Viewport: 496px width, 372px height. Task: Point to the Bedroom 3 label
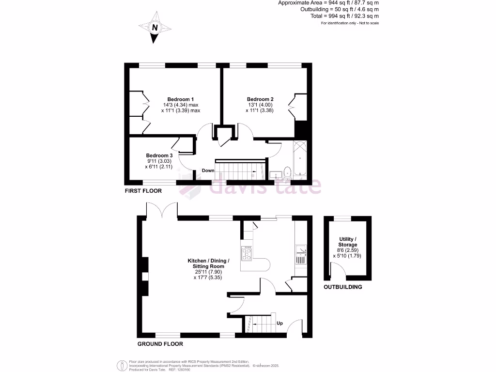[x=159, y=155]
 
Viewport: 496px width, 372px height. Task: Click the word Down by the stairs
[x=208, y=170]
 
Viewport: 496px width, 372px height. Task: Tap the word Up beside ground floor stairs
[x=279, y=323]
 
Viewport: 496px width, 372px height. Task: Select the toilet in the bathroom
[x=286, y=171]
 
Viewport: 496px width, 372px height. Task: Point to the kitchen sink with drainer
[x=300, y=254]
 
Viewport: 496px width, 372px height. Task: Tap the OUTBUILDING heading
[x=343, y=287]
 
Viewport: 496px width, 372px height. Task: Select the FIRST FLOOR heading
[x=143, y=191]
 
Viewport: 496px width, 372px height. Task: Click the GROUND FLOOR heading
[x=160, y=344]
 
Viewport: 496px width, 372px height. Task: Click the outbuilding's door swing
[x=338, y=270]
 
